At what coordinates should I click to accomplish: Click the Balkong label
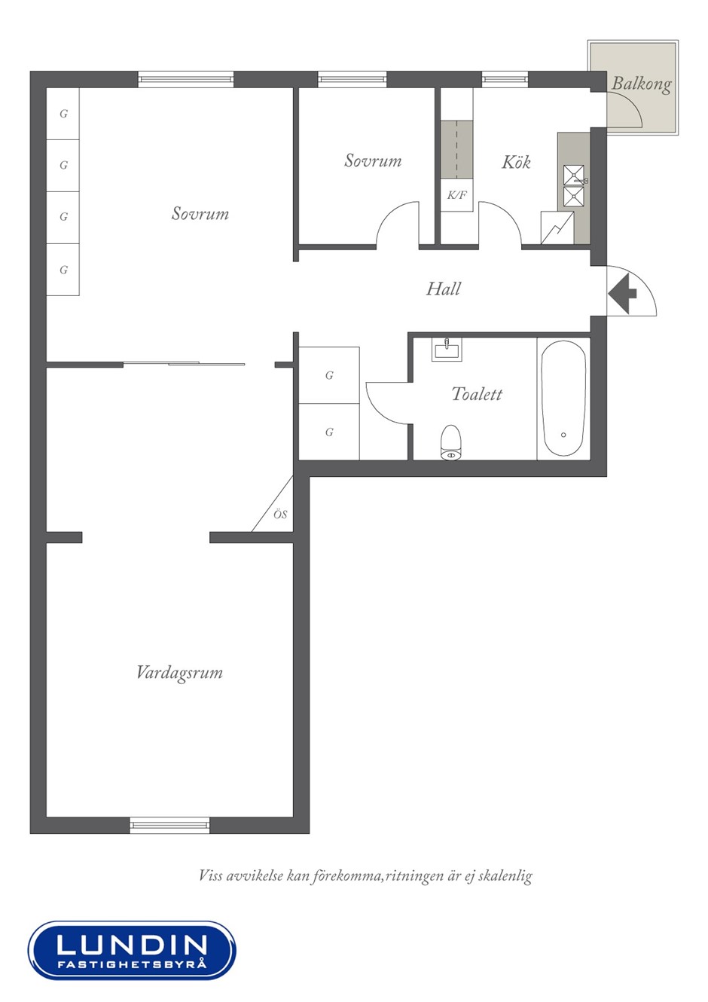[x=642, y=84]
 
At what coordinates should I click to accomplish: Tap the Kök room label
[x=516, y=161]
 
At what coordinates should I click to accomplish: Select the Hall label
[x=443, y=289]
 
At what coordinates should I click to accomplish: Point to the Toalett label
[x=477, y=393]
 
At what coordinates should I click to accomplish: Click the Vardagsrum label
[x=179, y=674]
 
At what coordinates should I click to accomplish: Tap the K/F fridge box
[x=456, y=195]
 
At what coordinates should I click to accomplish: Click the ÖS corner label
[x=280, y=515]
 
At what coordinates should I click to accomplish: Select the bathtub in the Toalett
[x=563, y=399]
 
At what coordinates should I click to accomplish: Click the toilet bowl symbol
[x=451, y=442]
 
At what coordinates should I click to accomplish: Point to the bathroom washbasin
[x=447, y=350]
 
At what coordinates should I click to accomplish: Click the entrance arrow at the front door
[x=622, y=294]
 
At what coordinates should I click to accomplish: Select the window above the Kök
[x=505, y=80]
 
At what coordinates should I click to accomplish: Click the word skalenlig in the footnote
[x=505, y=875]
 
